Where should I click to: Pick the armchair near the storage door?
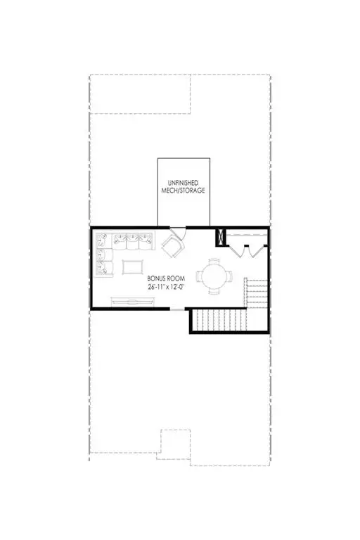tap(172, 245)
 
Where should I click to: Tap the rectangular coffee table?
tap(131, 267)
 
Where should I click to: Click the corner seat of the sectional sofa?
tap(102, 240)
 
